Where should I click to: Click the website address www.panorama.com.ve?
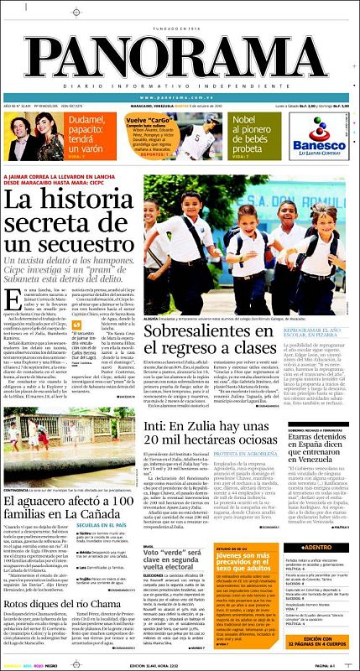[x=180, y=96]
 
